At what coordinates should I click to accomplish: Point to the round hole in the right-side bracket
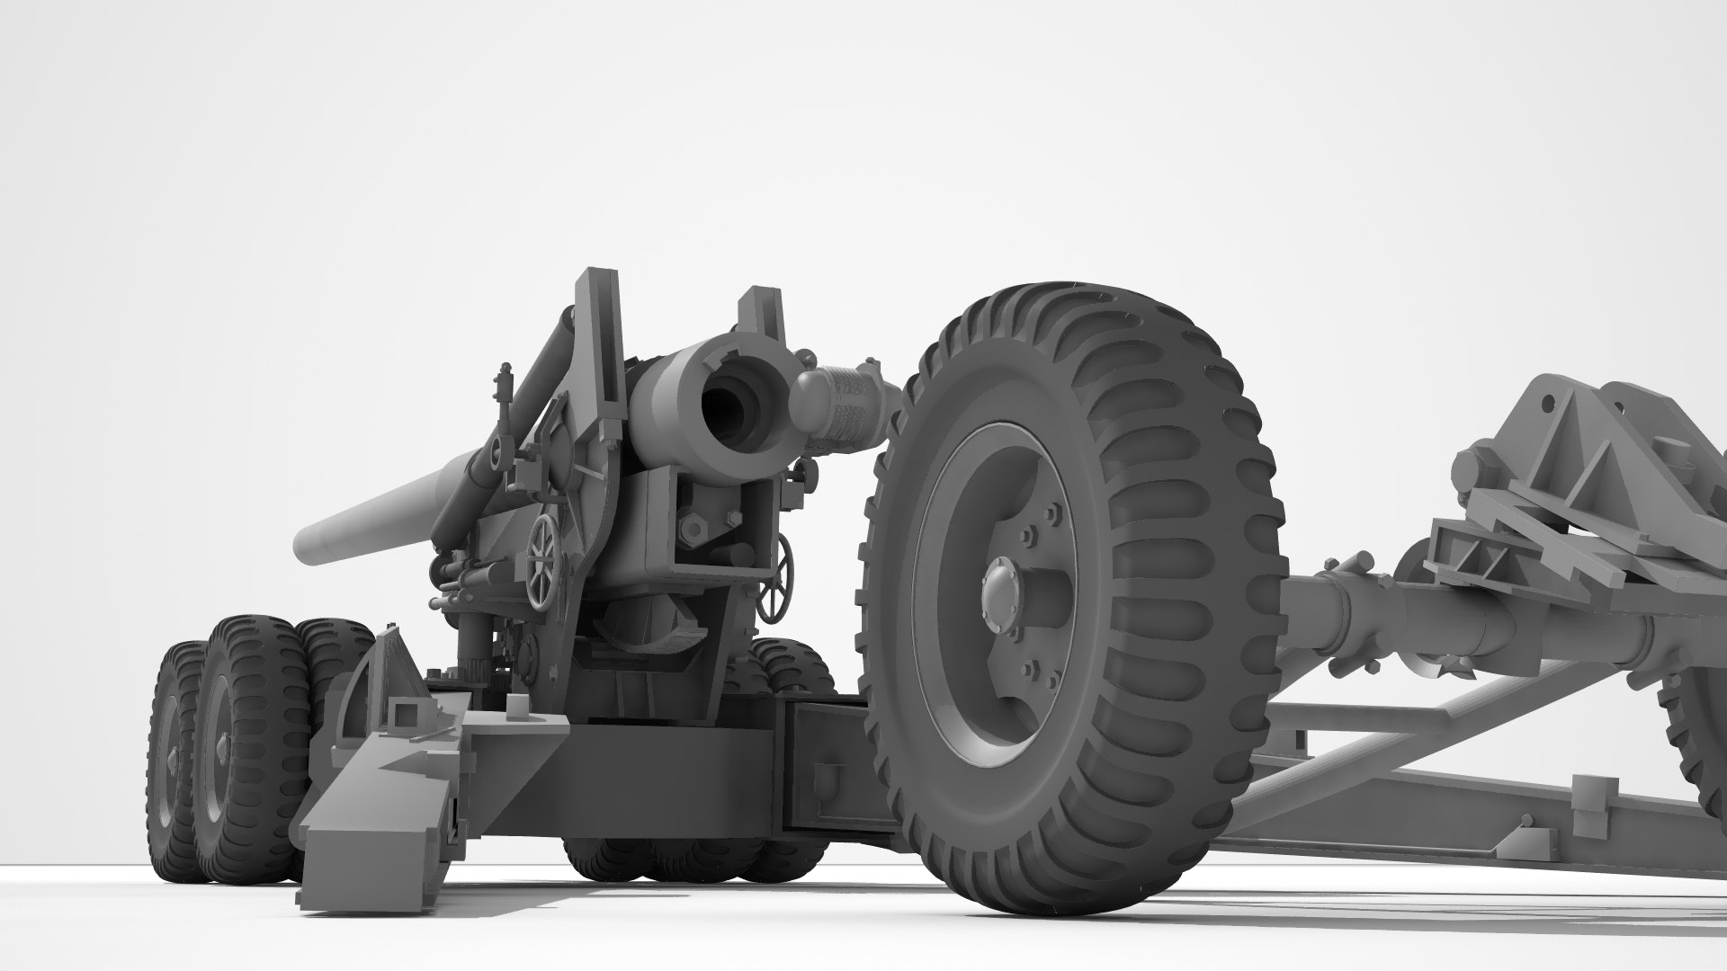[x=1549, y=403]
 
